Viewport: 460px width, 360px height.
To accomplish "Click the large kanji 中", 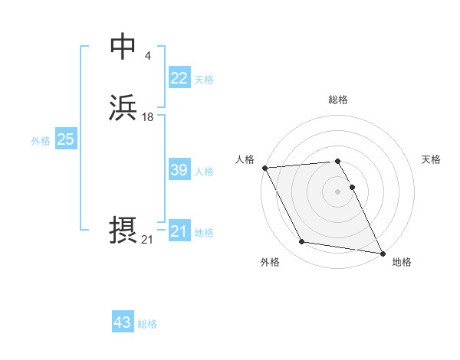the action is pyautogui.click(x=123, y=47).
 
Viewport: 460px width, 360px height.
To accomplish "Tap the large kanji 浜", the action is pyautogui.click(x=123, y=108).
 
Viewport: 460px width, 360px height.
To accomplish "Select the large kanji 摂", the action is pyautogui.click(x=123, y=231).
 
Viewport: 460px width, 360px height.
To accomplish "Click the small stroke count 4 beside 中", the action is pyautogui.click(x=147, y=56).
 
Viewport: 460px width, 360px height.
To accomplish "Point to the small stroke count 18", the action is pyautogui.click(x=148, y=117).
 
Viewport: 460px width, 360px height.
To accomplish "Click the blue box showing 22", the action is pyautogui.click(x=179, y=78).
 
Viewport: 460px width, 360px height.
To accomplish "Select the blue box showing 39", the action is pyautogui.click(x=179, y=170).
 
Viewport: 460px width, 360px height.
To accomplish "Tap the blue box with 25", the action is pyautogui.click(x=65, y=139).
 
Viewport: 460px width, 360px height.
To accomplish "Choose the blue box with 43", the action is pyautogui.click(x=123, y=322).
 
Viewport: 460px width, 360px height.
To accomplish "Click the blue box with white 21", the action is pyautogui.click(x=179, y=231).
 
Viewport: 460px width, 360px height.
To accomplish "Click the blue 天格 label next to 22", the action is pyautogui.click(x=204, y=80).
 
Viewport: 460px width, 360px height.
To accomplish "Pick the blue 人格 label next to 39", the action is pyautogui.click(x=204, y=172).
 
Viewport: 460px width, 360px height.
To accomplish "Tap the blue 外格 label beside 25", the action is pyautogui.click(x=41, y=141).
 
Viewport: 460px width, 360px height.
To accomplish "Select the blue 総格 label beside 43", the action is pyautogui.click(x=147, y=324).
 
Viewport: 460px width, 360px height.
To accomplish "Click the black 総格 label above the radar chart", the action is pyautogui.click(x=337, y=100).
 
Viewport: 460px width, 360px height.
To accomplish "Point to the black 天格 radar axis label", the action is pyautogui.click(x=432, y=159).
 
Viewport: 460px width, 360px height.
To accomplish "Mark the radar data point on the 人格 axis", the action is pyautogui.click(x=264, y=168).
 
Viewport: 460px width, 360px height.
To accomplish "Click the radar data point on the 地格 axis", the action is pyautogui.click(x=382, y=253).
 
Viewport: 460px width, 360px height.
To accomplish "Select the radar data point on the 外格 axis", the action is pyautogui.click(x=302, y=242).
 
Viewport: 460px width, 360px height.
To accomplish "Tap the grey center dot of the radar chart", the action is pyautogui.click(x=337, y=191).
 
